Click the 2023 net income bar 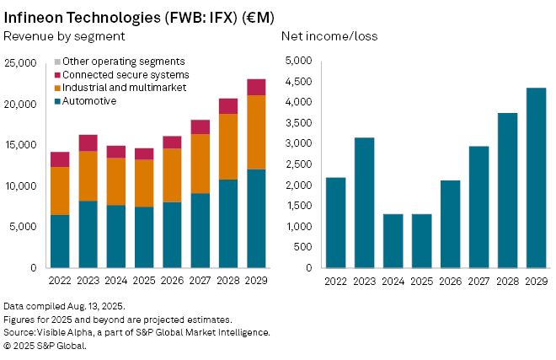tap(364, 202)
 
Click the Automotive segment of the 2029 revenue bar tap(256, 218)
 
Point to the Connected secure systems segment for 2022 tap(60, 159)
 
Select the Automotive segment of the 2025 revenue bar tap(145, 237)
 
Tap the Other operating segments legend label tap(123, 62)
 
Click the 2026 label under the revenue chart tap(173, 281)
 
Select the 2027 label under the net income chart tap(478, 281)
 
